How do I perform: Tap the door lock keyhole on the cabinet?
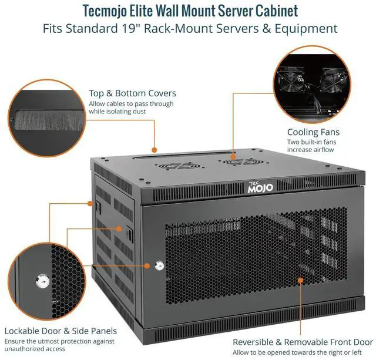(x=158, y=266)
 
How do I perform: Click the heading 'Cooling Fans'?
(x=313, y=132)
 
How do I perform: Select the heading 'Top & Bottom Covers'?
(x=132, y=93)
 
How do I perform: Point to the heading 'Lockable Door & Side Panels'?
(x=61, y=331)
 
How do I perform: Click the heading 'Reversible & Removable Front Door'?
(x=303, y=342)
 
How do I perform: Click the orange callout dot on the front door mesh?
(x=300, y=281)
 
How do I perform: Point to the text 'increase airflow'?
(x=310, y=150)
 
